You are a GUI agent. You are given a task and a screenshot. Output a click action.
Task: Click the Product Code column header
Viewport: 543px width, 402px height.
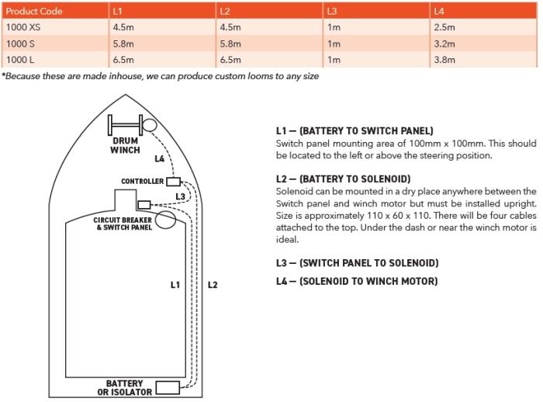coord(34,12)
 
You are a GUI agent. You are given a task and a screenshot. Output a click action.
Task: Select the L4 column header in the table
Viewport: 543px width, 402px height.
coord(439,12)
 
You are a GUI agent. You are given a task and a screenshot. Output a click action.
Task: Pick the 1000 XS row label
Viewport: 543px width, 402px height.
coord(23,27)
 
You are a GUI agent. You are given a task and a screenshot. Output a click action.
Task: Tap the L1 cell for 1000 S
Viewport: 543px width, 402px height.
coord(123,44)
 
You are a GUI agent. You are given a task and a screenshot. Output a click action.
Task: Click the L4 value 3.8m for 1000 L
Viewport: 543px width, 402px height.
coord(444,60)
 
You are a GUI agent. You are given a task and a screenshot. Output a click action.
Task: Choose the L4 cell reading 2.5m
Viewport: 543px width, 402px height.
coord(444,27)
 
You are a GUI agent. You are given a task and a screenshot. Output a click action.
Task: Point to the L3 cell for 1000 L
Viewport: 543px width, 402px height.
coord(334,60)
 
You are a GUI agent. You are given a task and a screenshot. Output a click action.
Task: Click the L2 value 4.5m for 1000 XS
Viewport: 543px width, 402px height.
coord(230,27)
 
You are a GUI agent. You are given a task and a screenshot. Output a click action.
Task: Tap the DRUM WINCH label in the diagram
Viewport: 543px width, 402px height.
coord(125,146)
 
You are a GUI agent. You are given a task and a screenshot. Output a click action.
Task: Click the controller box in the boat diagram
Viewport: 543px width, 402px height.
coord(173,182)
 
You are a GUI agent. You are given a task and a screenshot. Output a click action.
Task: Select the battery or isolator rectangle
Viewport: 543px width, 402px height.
coord(168,388)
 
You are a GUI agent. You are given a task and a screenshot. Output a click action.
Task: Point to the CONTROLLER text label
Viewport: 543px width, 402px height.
coord(142,182)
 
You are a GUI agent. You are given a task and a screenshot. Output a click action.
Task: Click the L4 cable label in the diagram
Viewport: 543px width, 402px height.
coord(159,159)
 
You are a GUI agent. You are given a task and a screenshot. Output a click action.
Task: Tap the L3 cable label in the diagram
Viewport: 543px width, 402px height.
coord(181,196)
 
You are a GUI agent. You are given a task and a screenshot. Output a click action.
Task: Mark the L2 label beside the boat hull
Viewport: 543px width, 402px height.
coord(213,285)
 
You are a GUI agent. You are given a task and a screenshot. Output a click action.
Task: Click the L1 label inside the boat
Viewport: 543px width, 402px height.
coord(175,285)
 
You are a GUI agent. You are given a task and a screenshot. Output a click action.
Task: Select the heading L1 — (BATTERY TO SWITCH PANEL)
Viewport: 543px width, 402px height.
coord(355,131)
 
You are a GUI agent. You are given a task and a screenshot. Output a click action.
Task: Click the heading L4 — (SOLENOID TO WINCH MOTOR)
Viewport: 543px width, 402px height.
coord(357,281)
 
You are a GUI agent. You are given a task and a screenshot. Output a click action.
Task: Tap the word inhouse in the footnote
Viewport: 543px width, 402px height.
coord(126,76)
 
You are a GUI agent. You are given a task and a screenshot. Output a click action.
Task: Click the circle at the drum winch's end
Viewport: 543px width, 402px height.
coord(150,125)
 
